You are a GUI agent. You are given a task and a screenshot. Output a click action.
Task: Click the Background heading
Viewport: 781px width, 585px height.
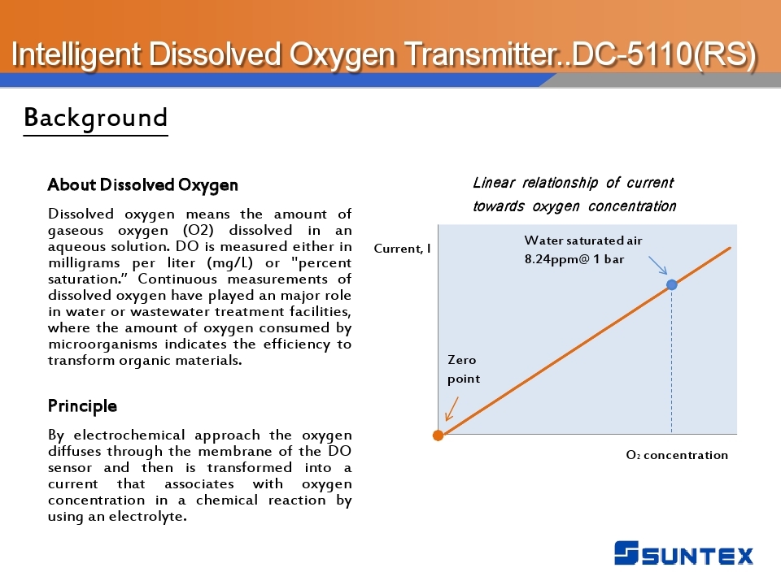[96, 118]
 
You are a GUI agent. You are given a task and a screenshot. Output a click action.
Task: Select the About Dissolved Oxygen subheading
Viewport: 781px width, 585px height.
[143, 185]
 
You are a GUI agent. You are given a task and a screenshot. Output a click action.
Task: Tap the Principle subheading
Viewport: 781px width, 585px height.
[83, 406]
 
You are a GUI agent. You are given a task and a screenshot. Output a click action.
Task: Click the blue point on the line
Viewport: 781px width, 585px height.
[672, 284]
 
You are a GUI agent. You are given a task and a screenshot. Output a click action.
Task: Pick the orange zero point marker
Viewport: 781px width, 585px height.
[438, 435]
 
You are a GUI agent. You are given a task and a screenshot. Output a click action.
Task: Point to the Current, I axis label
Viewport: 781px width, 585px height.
[403, 249]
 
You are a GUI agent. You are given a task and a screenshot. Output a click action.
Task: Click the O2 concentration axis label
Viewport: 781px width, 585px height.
[677, 455]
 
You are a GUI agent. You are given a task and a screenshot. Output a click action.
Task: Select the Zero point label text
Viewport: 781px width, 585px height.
[464, 369]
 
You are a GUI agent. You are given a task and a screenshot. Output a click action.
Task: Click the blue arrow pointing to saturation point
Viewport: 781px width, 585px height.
[657, 265]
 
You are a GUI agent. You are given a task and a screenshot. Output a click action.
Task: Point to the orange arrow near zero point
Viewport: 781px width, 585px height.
[452, 409]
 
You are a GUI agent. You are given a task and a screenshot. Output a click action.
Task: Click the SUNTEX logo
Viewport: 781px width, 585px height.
[683, 553]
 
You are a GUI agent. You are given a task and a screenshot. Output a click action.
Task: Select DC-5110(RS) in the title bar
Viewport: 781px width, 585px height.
[664, 54]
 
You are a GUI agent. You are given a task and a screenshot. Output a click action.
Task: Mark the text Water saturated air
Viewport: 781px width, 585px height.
[583, 240]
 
